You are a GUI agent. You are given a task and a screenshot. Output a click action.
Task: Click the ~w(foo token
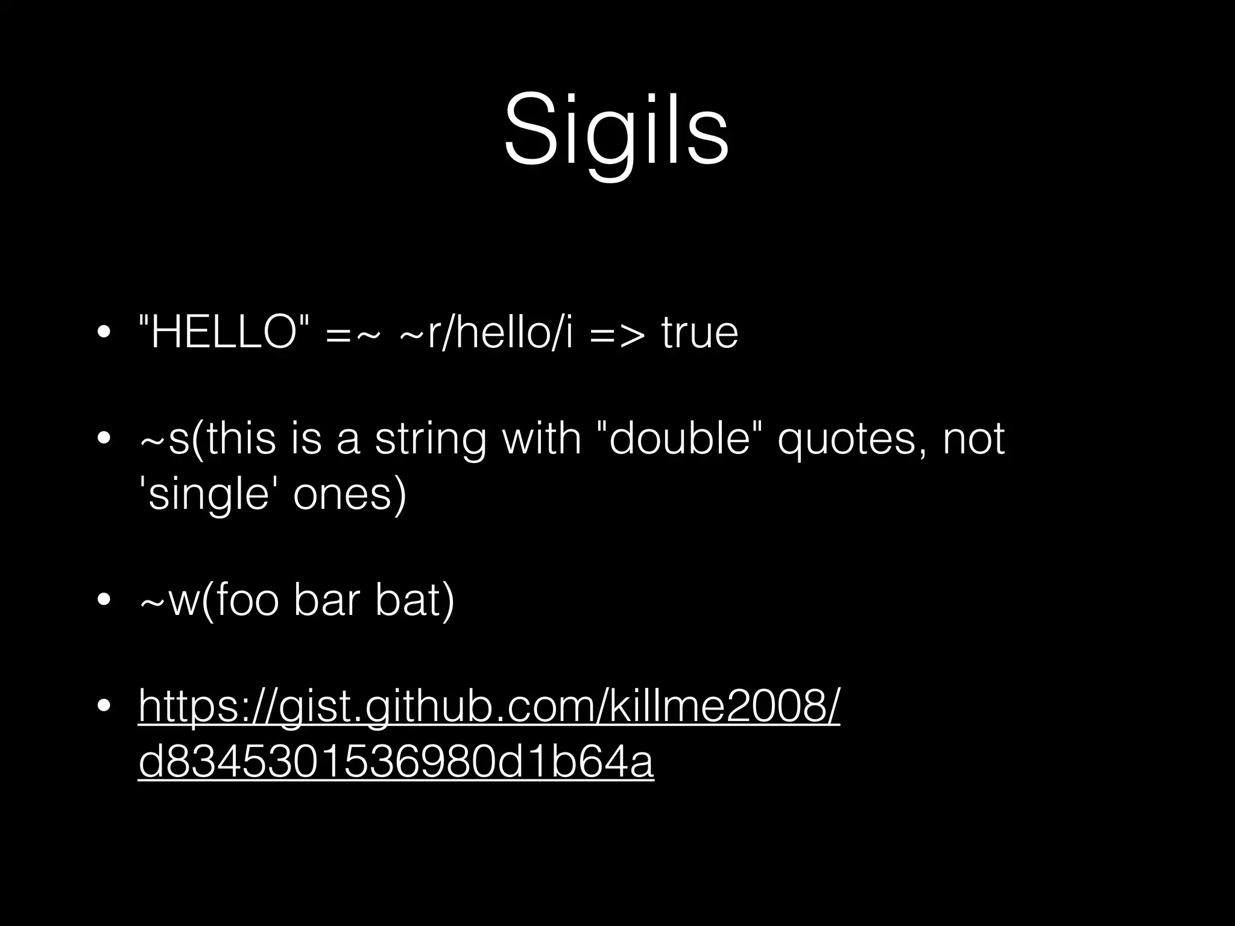[209, 601]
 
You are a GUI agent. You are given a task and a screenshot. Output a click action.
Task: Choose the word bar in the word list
[326, 601]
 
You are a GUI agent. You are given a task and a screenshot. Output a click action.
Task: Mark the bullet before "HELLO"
[104, 333]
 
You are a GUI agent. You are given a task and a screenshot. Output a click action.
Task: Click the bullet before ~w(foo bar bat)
[104, 600]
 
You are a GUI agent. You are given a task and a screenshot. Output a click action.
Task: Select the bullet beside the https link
[104, 706]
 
